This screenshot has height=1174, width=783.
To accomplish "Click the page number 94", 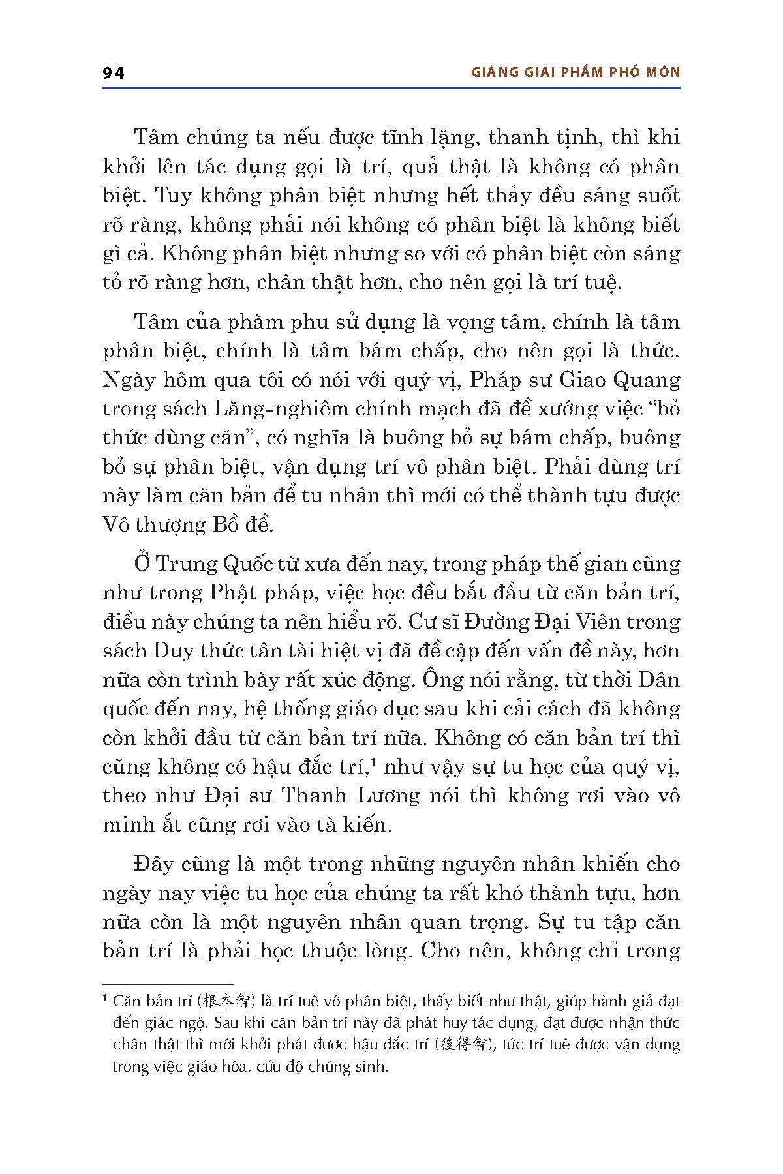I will tap(114, 73).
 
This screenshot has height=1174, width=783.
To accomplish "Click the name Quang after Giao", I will tap(649, 380).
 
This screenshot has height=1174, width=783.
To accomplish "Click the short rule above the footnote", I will tap(168, 984).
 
